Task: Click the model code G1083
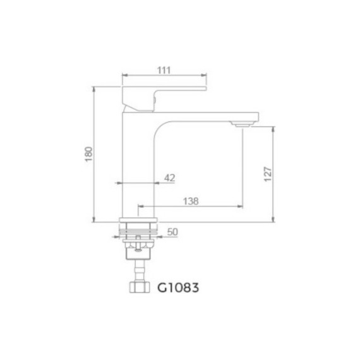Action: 177,288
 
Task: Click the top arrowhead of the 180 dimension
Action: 93,89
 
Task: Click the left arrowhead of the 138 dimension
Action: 140,207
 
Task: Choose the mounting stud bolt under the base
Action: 140,251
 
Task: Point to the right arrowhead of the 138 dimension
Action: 241,207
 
